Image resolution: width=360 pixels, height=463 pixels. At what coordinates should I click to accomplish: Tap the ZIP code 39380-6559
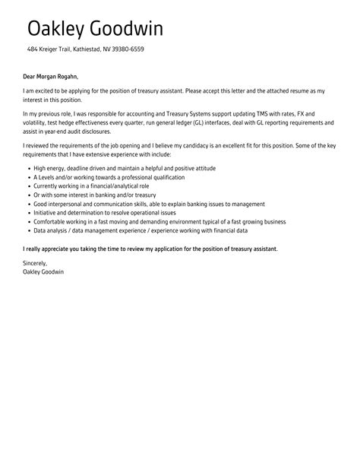[x=128, y=49]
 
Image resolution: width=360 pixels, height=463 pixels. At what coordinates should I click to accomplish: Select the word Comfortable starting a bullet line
[x=51, y=221]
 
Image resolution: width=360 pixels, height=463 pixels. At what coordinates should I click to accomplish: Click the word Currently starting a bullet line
[x=47, y=186]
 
